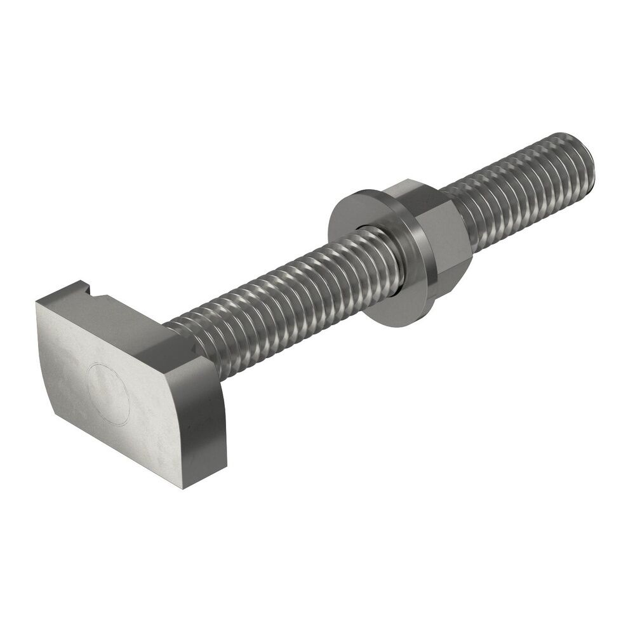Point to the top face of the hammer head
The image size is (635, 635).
[127, 311]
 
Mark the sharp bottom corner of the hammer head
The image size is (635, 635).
[184, 488]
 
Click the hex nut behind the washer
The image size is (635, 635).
[438, 241]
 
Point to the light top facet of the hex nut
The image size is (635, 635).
[413, 190]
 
